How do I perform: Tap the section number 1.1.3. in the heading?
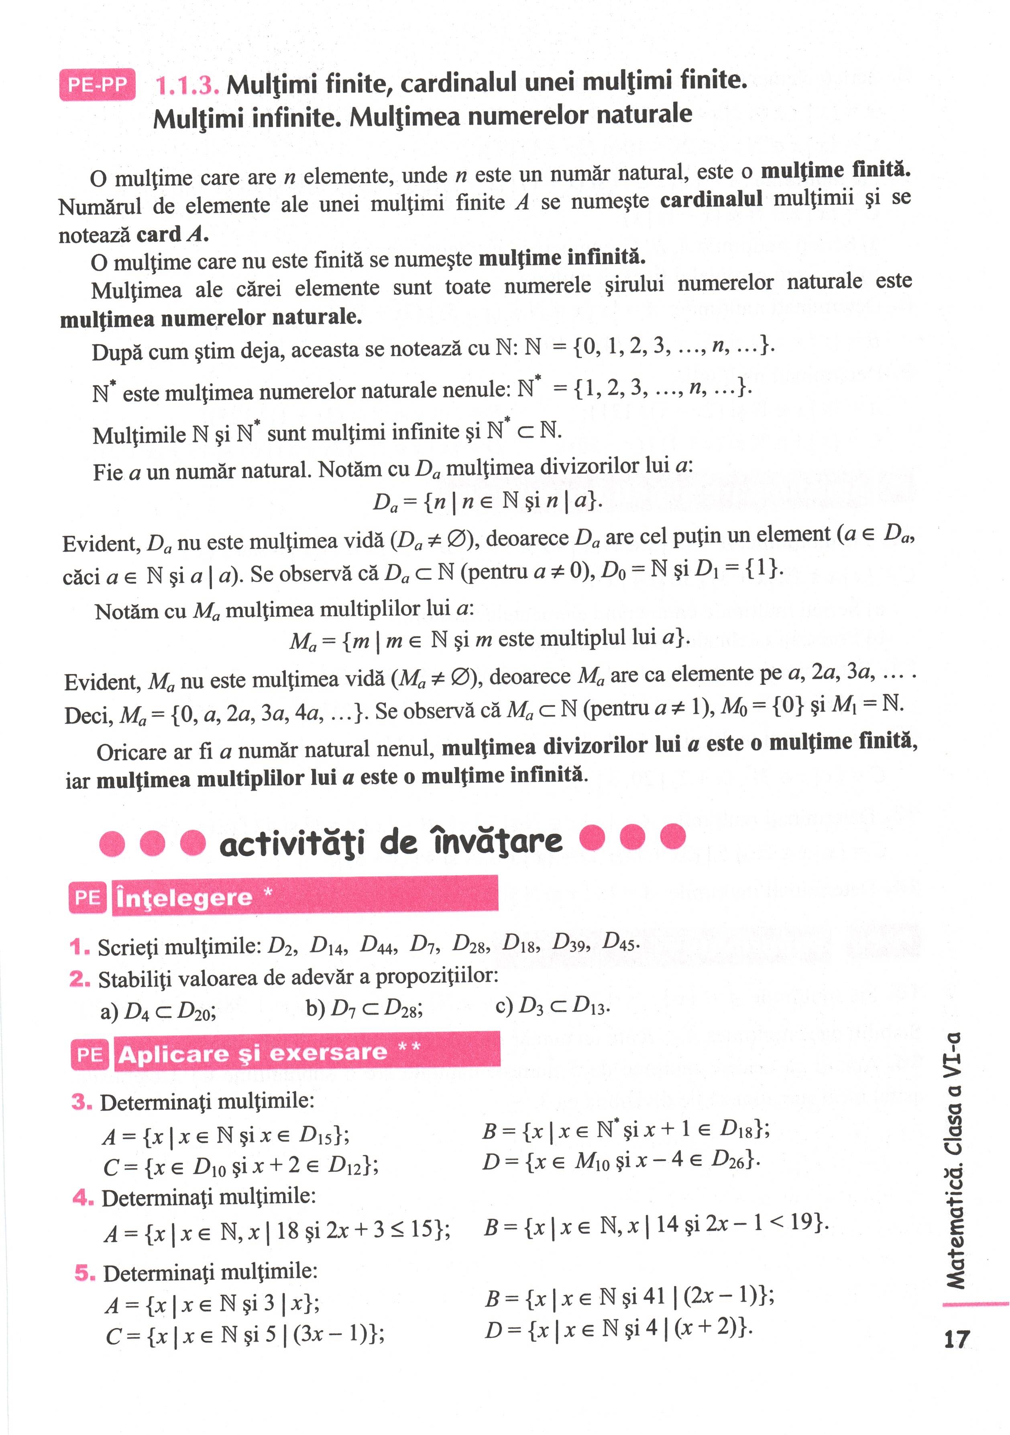(186, 85)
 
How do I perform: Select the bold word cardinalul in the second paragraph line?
(711, 199)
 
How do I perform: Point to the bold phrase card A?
(172, 234)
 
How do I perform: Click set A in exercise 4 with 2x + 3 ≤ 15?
(277, 1231)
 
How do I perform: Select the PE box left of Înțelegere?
(88, 898)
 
